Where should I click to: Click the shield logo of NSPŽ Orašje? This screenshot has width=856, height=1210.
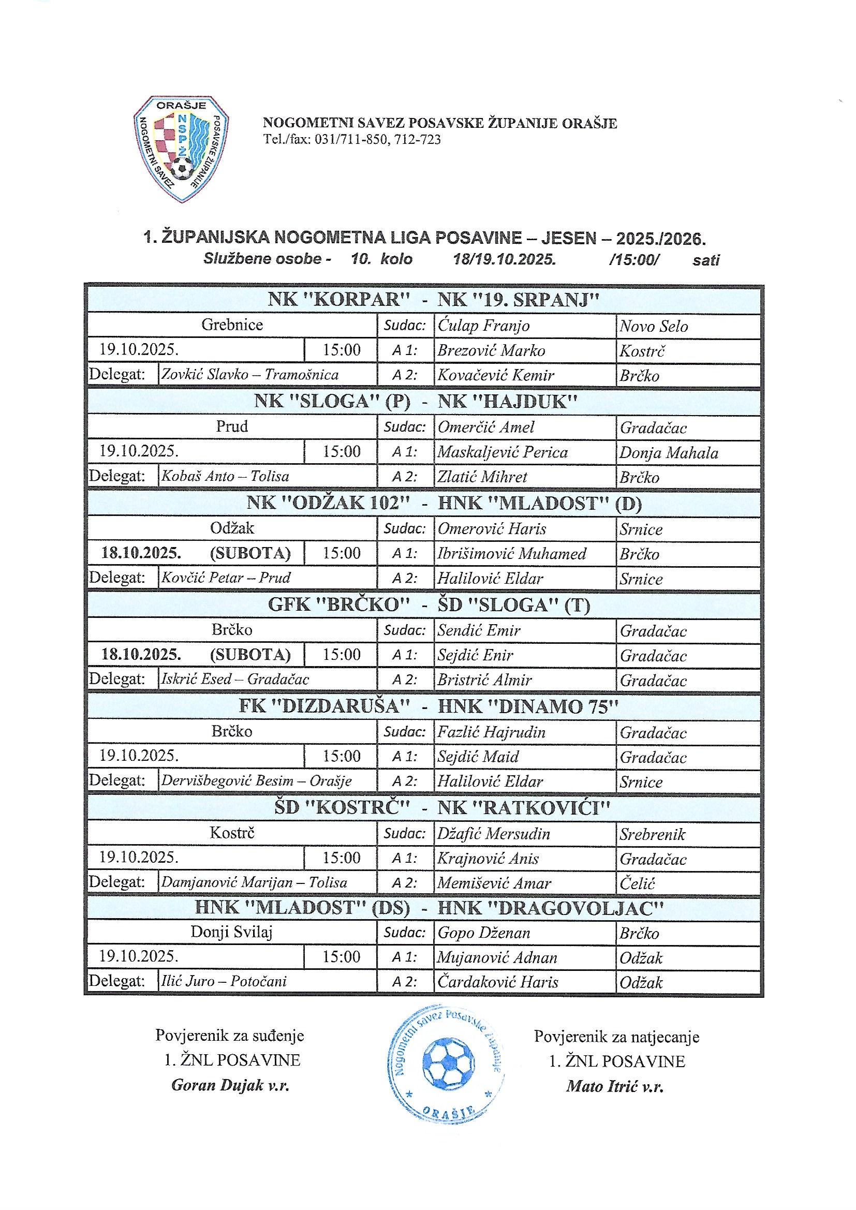181,149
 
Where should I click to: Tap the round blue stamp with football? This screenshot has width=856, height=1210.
446,1063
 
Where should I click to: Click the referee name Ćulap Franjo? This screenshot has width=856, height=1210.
483,326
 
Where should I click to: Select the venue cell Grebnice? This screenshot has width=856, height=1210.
232,324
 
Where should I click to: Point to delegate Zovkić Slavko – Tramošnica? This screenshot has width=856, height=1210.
250,375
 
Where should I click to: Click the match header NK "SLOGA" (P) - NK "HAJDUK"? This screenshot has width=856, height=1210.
416,402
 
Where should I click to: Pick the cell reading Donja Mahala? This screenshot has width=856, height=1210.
668,453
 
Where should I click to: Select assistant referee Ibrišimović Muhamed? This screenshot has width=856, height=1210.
511,554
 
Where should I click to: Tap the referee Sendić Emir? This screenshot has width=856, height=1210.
479,630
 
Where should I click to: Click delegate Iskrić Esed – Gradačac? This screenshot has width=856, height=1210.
235,679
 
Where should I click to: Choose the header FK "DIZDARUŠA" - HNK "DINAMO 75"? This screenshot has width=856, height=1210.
428,706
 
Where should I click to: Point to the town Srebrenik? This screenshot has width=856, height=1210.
652,834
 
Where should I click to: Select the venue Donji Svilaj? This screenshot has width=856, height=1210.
232,932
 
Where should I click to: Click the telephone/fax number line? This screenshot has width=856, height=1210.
351,140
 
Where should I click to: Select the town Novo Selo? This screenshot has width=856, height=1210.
654,326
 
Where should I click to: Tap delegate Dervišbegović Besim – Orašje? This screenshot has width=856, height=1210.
256,780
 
